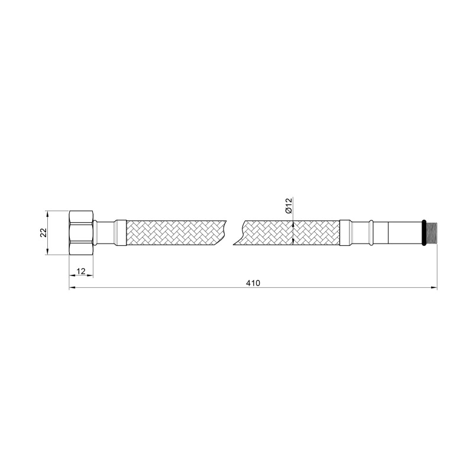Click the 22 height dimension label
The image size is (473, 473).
click(43, 233)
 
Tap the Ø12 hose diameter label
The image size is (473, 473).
click(289, 206)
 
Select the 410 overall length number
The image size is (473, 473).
click(253, 283)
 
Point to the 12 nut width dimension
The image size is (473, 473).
click(82, 271)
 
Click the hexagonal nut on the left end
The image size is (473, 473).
click(82, 232)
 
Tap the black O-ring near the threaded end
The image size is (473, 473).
click(423, 232)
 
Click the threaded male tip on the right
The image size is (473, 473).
click(432, 232)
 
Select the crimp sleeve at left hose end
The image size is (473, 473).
click(121, 232)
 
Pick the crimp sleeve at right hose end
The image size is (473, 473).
click(346, 232)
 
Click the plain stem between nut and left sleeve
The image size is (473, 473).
click(105, 232)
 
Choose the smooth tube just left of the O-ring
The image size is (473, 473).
click(403, 232)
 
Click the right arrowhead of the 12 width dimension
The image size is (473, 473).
click(90, 276)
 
